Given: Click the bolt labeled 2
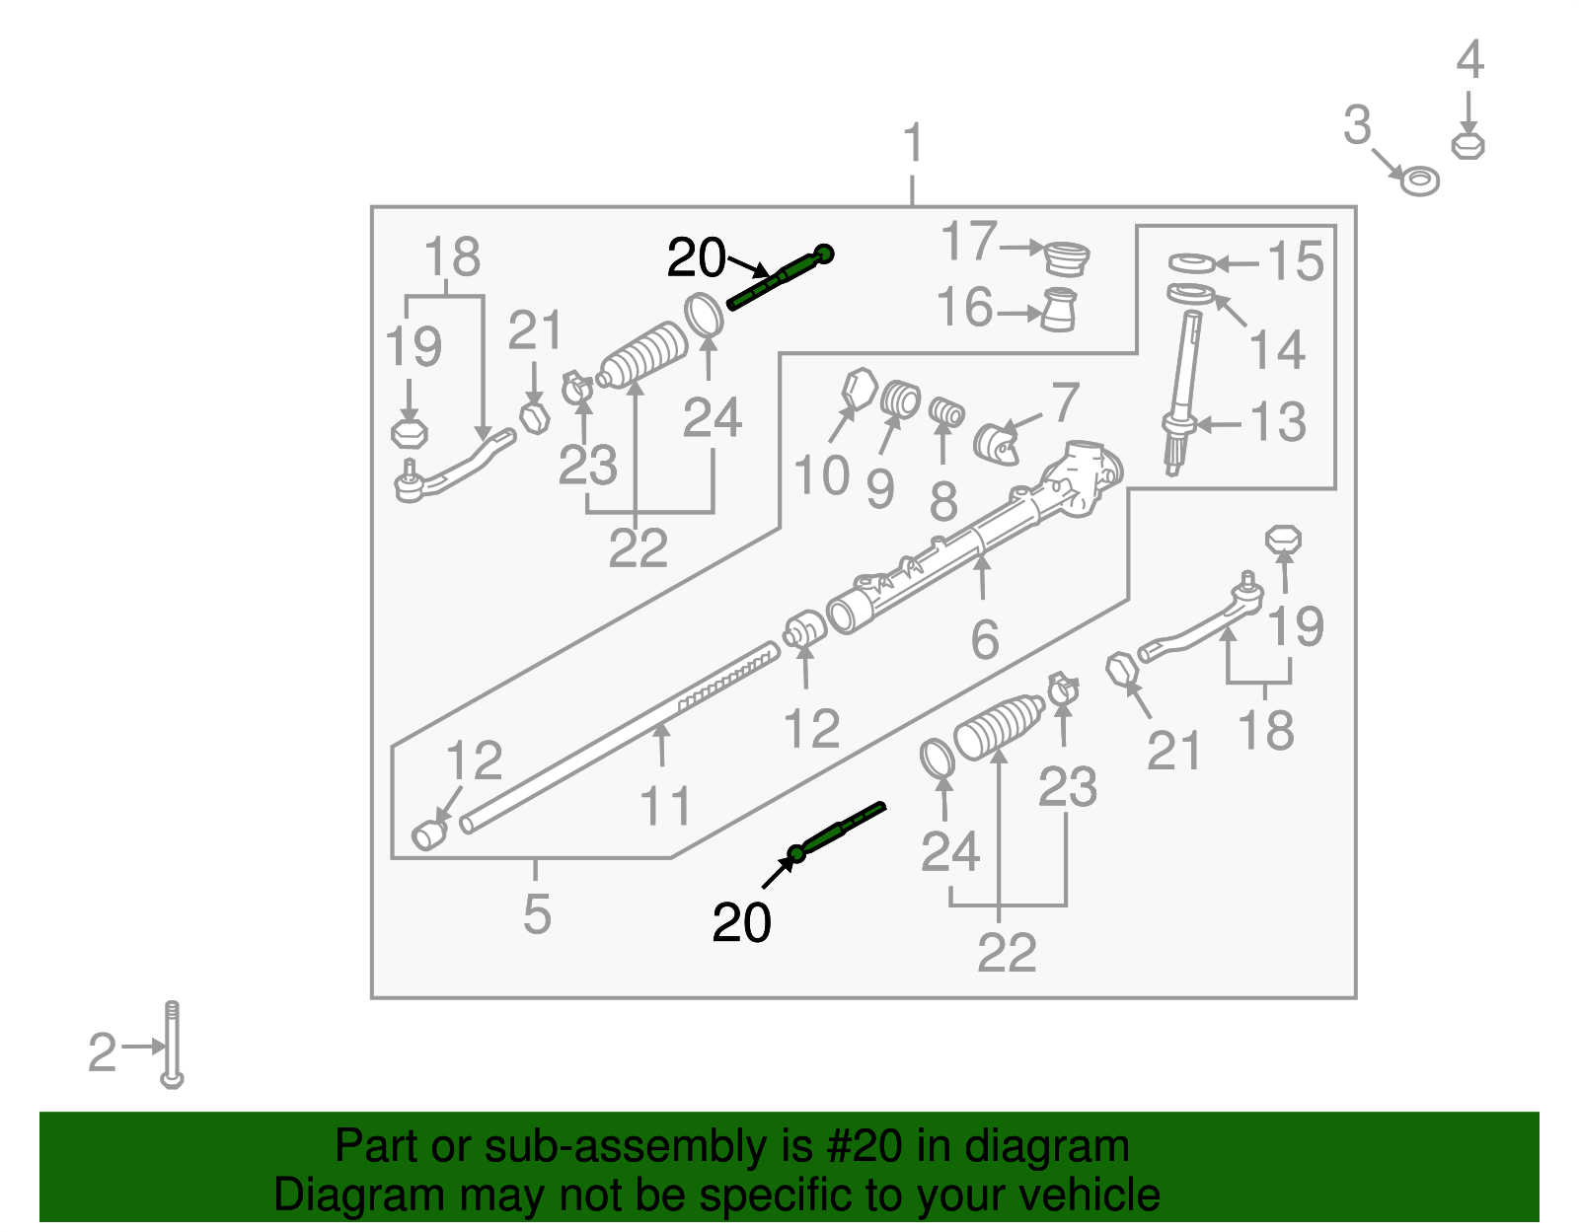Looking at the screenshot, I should click(172, 1046).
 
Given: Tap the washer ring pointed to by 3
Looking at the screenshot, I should click(1420, 181).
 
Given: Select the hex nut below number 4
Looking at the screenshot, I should click(1468, 146).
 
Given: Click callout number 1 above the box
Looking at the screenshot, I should click(913, 144).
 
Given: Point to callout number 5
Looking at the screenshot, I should click(536, 914).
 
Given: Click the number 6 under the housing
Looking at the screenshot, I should click(985, 640).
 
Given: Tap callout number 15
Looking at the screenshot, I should click(1294, 261).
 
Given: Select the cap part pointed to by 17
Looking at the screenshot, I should click(1066, 259).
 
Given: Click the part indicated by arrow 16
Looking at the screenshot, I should click(1059, 310).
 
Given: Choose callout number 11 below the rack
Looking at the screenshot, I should click(665, 806).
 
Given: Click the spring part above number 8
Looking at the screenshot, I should click(947, 413).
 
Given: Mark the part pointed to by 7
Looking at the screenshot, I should click(998, 445).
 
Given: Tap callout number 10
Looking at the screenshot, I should click(821, 476).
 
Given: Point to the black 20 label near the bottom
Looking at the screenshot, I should click(741, 923).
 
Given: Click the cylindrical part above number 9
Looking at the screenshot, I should click(900, 399).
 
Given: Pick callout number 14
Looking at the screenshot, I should click(1277, 350).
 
